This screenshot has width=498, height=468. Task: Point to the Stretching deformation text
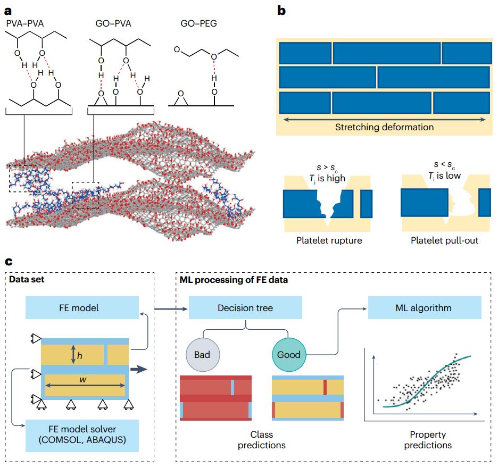coord(384,127)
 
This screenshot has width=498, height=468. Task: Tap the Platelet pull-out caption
coord(444,240)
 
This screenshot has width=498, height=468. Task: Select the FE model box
coord(81,308)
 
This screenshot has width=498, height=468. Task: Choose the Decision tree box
coord(245,308)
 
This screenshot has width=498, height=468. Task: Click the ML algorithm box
coord(425,308)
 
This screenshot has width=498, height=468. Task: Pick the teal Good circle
coord(288,354)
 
